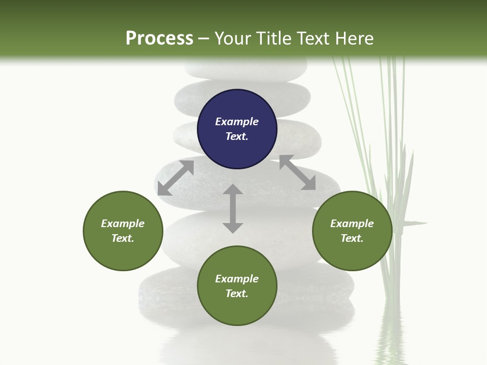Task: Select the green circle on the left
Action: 123,231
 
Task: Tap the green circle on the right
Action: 352,231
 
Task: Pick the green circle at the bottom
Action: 237,286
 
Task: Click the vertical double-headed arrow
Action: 233,208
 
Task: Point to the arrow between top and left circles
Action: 176,178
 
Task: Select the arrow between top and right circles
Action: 297,172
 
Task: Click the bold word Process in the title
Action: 159,38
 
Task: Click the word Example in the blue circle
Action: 237,122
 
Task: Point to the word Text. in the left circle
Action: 123,238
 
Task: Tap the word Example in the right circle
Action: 352,224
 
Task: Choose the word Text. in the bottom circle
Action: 237,294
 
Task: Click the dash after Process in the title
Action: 204,39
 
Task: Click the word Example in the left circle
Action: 123,224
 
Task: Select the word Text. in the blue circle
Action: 237,136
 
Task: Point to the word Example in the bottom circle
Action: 237,279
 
